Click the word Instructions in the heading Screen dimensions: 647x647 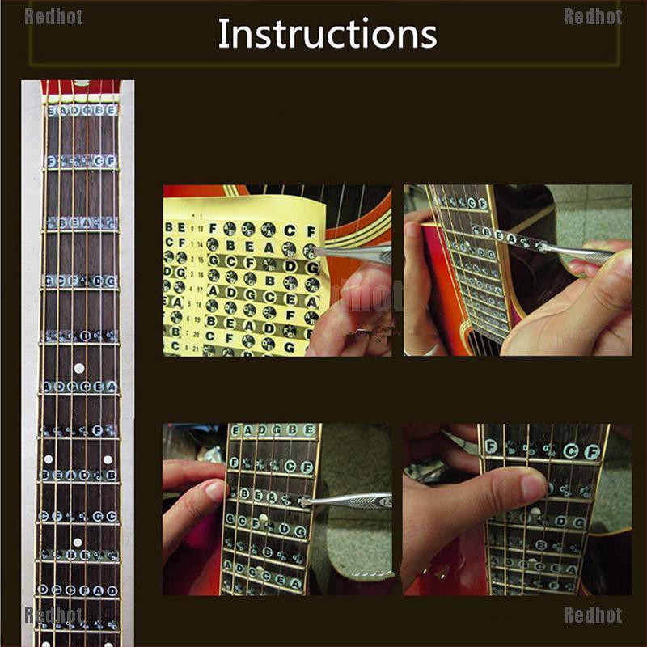coord(327,34)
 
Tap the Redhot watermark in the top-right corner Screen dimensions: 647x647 coord(592,16)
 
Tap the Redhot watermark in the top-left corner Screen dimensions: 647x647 coord(53,16)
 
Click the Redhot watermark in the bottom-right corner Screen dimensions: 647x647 coord(592,615)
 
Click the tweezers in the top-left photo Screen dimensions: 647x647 coord(356,255)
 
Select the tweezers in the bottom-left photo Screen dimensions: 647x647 coord(348,501)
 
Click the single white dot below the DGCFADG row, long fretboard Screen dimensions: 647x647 coord(78,369)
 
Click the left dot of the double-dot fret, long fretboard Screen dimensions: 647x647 coord(49,459)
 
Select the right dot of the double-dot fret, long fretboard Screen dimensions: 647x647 coord(108,459)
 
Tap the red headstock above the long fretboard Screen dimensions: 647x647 coord(80,87)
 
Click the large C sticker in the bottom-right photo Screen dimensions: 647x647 coord(571,450)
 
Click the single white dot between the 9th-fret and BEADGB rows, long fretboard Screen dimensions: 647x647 coord(78,543)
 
